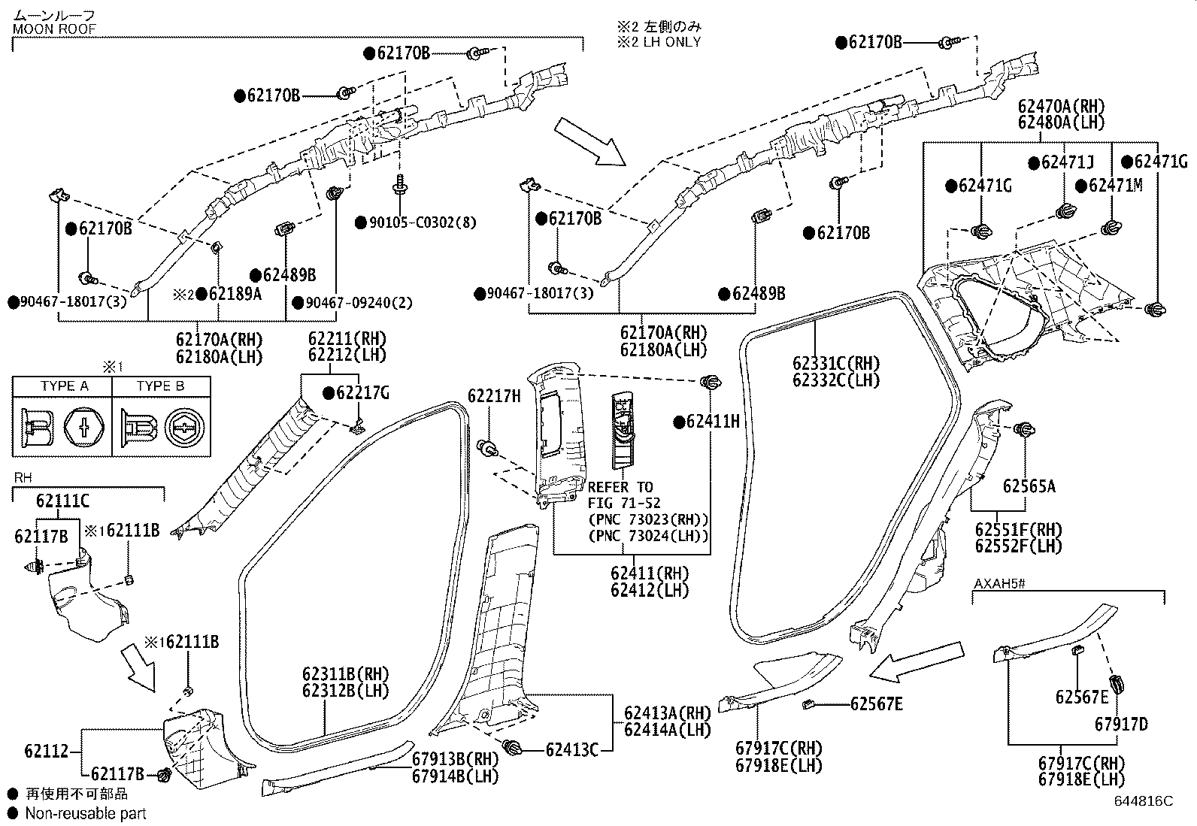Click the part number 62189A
tap(235, 294)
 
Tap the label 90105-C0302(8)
tap(423, 222)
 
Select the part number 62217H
tap(494, 396)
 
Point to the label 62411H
tap(713, 422)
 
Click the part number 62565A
tap(1029, 486)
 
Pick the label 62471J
tap(1068, 162)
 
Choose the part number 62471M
tap(1116, 186)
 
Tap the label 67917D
tap(1121, 724)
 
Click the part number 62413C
tap(571, 750)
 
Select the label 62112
tap(47, 751)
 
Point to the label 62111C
tap(62, 501)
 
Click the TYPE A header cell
tap(62, 386)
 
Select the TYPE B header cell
tap(161, 386)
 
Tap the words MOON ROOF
tap(54, 29)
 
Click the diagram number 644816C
tap(1144, 801)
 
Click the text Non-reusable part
tap(86, 813)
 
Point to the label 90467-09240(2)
tap(359, 303)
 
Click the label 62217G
tap(363, 393)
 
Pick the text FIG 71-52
tap(624, 503)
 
